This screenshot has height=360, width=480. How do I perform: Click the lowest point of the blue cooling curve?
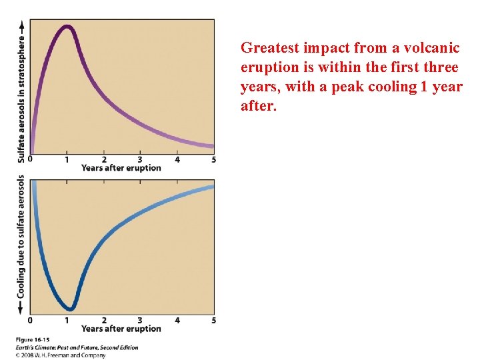(71, 307)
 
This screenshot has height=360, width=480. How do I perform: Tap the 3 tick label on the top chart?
(140, 159)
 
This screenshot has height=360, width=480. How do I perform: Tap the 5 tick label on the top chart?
(214, 159)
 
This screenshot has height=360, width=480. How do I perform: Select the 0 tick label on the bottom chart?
(30, 320)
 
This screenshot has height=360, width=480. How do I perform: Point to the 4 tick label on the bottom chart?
(177, 320)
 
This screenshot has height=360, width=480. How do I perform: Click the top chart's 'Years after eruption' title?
(121, 168)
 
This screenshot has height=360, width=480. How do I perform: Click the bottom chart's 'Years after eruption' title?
(121, 329)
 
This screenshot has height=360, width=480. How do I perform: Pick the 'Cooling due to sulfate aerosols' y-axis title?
(21, 237)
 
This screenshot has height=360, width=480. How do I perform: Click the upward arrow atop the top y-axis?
(21, 26)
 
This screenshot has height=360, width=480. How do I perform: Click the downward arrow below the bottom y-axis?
(21, 307)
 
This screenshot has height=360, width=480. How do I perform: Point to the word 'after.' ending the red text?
(258, 106)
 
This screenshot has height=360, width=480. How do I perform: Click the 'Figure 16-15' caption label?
(33, 339)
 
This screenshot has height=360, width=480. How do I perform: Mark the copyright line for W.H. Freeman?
(61, 355)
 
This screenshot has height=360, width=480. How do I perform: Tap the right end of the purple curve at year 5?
(212, 145)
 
